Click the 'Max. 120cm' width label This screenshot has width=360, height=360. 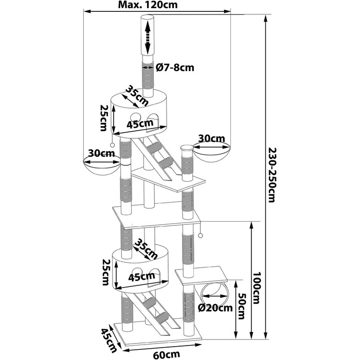point(148,5)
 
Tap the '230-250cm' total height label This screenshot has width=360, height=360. point(272,175)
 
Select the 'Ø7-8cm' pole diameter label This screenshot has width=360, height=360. point(175,67)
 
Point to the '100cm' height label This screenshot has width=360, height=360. point(257,288)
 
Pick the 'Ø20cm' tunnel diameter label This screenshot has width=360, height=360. point(215,308)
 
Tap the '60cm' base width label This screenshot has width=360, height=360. point(167,355)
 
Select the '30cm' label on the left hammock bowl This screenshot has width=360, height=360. point(101,153)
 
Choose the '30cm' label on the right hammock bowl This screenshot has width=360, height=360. point(212,138)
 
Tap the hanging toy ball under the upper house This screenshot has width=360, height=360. point(112,145)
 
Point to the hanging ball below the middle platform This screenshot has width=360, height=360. point(200,236)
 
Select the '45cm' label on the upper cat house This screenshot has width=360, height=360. point(140,124)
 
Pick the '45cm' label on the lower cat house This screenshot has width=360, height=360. point(141,277)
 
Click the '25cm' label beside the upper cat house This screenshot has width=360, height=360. point(104,118)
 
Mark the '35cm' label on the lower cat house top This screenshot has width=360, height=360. point(146,249)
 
